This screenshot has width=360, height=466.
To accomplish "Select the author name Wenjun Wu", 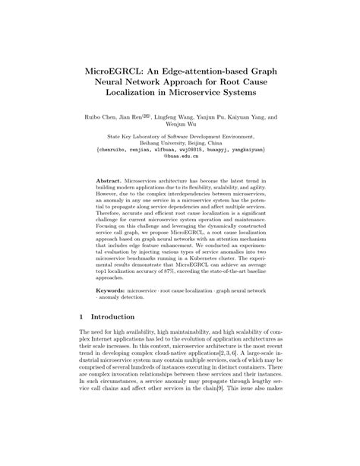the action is click(180, 127).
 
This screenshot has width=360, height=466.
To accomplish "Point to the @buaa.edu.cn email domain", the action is click(180, 159).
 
